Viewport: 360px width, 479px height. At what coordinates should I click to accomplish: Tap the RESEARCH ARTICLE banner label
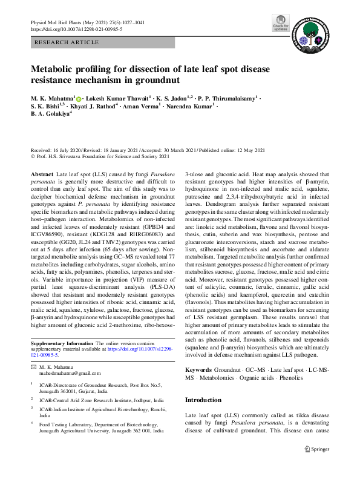click(67, 42)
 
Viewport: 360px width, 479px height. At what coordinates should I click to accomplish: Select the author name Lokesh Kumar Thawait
click(115, 97)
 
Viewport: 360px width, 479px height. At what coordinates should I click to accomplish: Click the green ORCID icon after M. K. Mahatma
click(79, 97)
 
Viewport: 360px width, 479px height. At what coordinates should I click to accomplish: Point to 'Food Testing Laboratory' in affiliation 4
click(69, 424)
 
